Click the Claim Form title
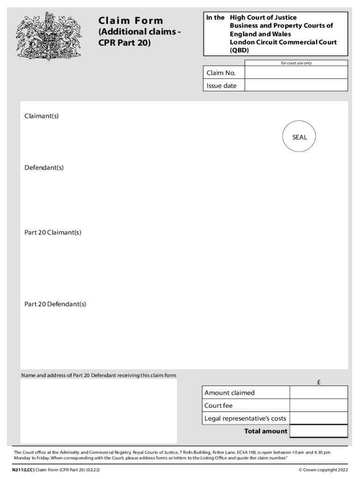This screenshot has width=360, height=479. tap(130, 21)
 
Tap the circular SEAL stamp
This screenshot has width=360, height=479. tap(300, 137)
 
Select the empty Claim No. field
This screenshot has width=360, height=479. tap(296, 73)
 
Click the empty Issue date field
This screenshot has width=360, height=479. tap(296, 85)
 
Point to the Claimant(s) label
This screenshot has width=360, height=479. tap(42, 116)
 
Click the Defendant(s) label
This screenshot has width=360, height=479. tap(44, 167)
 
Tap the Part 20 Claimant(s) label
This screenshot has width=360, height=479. tap(53, 232)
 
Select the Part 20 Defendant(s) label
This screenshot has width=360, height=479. tap(55, 304)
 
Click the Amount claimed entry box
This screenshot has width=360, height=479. tap(318, 392)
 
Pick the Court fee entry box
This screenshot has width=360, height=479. tap(318, 406)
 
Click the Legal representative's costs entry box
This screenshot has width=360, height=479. tap(318, 418)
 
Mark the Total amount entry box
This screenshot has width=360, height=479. tap(318, 431)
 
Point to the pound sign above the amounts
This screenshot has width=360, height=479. tap(318, 382)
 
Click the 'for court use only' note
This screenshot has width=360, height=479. tap(296, 63)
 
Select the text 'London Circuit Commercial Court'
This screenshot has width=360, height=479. tap(283, 43)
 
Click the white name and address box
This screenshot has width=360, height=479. tap(99, 411)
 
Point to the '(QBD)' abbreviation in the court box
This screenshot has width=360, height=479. tap(239, 51)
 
